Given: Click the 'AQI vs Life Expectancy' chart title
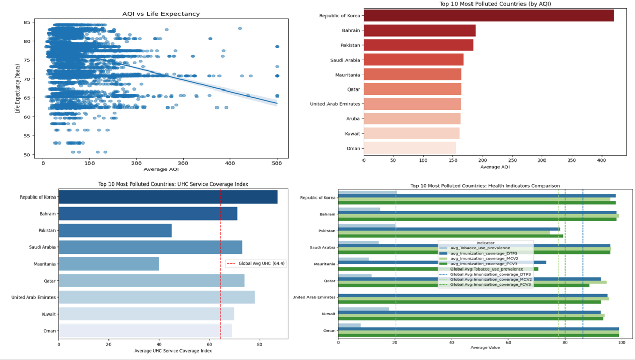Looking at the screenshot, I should click(x=161, y=14).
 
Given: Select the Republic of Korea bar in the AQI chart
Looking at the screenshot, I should click(x=488, y=16).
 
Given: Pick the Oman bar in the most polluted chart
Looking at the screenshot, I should click(x=409, y=149).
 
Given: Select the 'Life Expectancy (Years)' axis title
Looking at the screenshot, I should click(x=18, y=88).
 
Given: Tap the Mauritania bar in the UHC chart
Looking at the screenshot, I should click(x=108, y=264).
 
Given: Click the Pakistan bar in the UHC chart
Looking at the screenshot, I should click(x=115, y=230).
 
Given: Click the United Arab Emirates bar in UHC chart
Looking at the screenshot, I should click(x=156, y=297).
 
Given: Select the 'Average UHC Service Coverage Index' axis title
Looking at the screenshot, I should click(x=173, y=351).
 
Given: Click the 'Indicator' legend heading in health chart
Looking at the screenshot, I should click(x=485, y=243).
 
